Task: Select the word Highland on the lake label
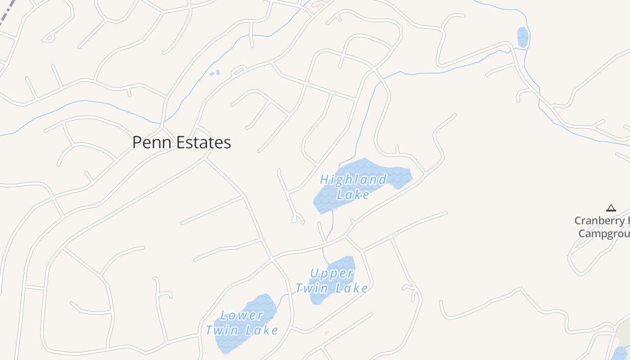point(353,180)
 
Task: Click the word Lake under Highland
point(353,194)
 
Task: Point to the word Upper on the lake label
point(332,274)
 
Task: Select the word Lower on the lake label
point(242,315)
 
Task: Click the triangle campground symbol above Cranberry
point(611,208)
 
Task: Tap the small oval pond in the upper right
point(522,37)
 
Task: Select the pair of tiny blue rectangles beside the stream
point(215,73)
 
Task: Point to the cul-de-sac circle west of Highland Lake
point(295,220)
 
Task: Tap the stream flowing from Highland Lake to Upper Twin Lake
point(332,225)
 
